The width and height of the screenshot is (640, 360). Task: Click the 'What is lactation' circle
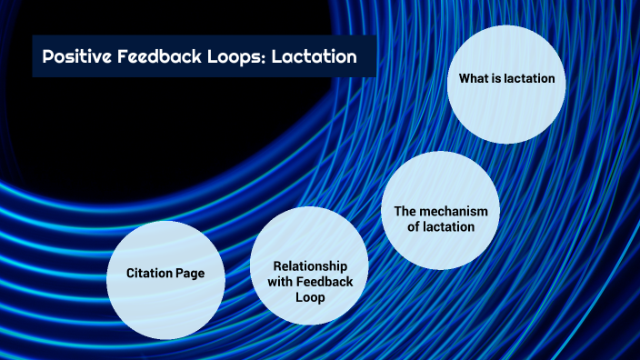click(x=507, y=84)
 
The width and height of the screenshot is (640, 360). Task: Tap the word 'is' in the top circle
click(x=495, y=79)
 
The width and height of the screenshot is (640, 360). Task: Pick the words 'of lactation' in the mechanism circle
click(x=441, y=226)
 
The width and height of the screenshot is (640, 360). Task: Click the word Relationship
click(x=310, y=265)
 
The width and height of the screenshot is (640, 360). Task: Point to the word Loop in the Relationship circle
click(x=310, y=297)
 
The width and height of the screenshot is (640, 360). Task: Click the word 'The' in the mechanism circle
click(x=405, y=211)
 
